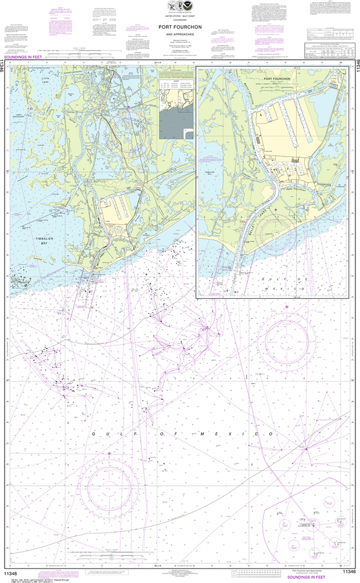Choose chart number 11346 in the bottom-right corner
coord(348,574)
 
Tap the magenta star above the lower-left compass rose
coord(109,454)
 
